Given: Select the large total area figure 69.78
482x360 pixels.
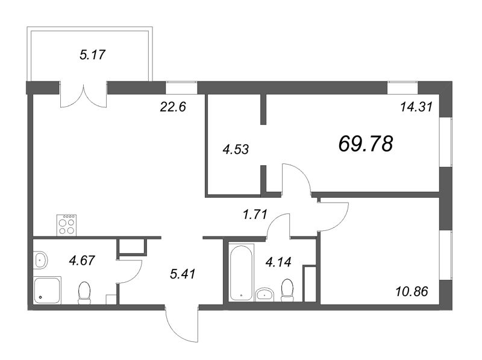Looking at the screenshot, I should [x=366, y=144].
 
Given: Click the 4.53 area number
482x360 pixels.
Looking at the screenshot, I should [x=236, y=148].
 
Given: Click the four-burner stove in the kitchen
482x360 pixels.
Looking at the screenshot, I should [x=66, y=225].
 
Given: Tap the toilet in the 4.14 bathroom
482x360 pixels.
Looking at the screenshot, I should [x=288, y=289].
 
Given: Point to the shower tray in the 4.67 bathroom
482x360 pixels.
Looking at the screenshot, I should [x=48, y=291].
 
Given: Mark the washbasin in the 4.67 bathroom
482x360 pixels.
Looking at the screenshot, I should [x=40, y=261].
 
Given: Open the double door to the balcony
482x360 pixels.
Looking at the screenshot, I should [x=83, y=95].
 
